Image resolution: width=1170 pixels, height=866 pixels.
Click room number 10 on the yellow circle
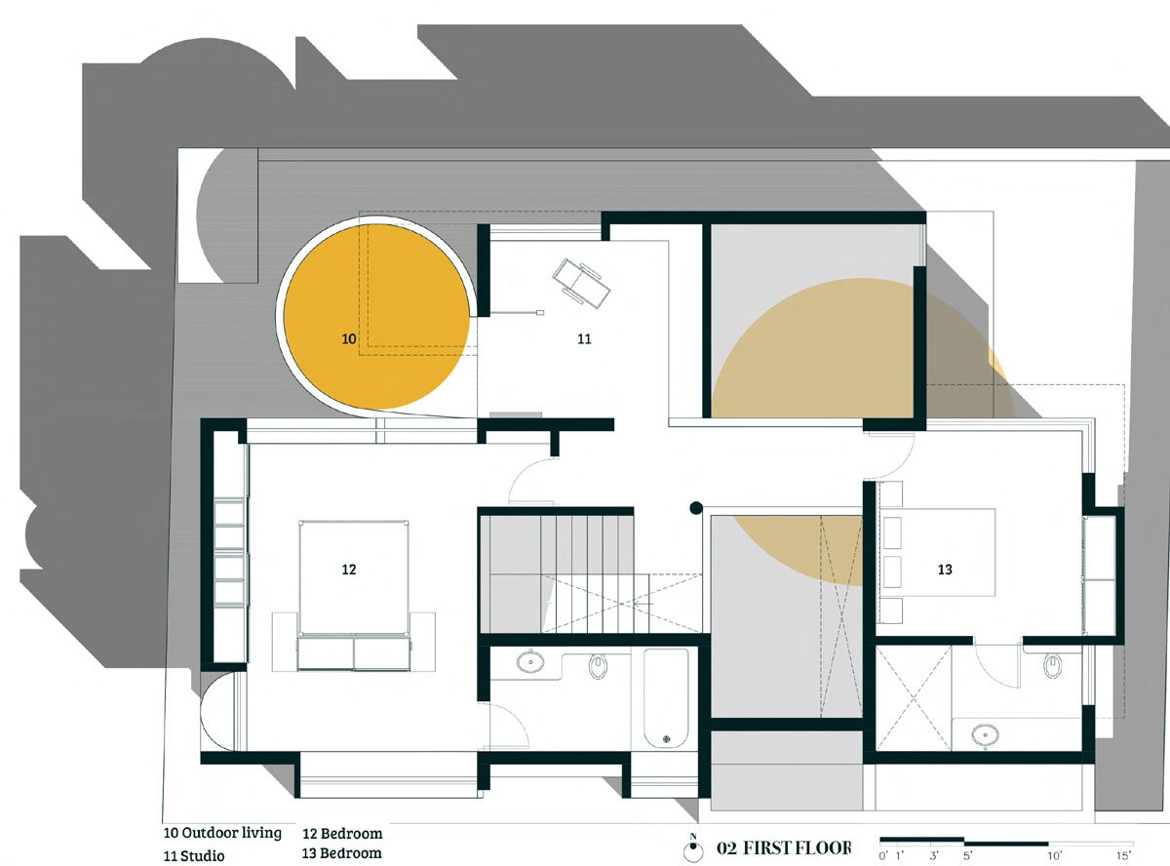pyautogui.click(x=349, y=339)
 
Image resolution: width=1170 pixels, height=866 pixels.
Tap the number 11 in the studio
pyautogui.click(x=584, y=339)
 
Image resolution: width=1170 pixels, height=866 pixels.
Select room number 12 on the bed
pyautogui.click(x=349, y=570)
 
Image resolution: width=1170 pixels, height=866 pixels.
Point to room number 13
pyautogui.click(x=944, y=570)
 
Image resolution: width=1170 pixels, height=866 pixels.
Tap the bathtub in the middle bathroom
pyautogui.click(x=666, y=697)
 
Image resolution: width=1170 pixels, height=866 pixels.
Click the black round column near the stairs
pyautogui.click(x=695, y=508)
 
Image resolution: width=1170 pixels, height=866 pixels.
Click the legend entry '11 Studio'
pyautogui.click(x=194, y=856)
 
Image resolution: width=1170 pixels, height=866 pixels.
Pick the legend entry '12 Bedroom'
pyautogui.click(x=342, y=834)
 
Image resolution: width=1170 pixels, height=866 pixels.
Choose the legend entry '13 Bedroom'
pyautogui.click(x=342, y=853)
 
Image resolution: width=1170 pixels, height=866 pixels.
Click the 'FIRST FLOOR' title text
pyautogui.click(x=797, y=847)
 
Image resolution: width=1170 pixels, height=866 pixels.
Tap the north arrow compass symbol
pyautogui.click(x=693, y=847)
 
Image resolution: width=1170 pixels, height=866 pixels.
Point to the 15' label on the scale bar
pyautogui.click(x=1124, y=855)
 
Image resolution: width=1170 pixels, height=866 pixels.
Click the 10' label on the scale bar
pyautogui.click(x=1054, y=855)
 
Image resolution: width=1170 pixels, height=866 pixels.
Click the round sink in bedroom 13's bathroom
pyautogui.click(x=985, y=733)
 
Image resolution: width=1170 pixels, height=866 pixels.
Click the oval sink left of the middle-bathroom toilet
pyautogui.click(x=531, y=662)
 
